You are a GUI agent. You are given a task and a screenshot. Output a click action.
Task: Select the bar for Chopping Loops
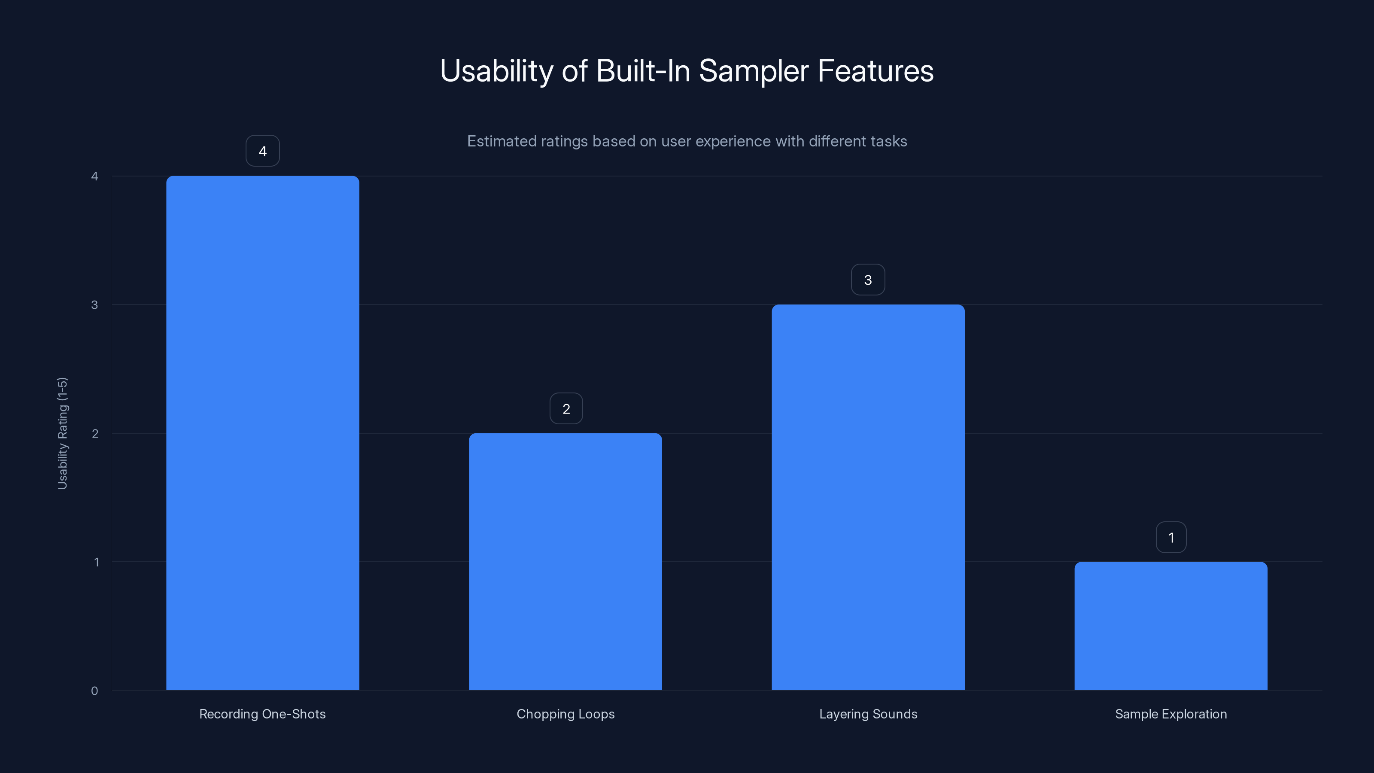click(x=565, y=561)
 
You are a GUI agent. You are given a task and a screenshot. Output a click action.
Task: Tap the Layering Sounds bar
click(x=868, y=497)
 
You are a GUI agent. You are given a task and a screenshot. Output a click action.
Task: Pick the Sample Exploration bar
click(x=1171, y=626)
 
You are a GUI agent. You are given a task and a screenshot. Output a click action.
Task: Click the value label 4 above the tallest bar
click(x=262, y=151)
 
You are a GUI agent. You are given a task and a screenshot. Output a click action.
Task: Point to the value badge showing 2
click(x=566, y=409)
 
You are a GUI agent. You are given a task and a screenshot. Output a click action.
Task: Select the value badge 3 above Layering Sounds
click(x=868, y=280)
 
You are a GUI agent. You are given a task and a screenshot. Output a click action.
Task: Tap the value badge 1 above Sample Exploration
click(x=1171, y=538)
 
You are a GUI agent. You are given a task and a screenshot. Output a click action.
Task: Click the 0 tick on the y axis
click(x=94, y=691)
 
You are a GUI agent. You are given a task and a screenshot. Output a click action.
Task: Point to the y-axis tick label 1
click(x=97, y=562)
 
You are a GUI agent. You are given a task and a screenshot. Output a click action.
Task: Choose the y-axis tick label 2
click(x=95, y=433)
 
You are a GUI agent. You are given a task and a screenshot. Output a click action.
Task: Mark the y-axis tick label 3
click(x=94, y=304)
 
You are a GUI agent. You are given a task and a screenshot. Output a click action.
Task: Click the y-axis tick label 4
click(x=94, y=176)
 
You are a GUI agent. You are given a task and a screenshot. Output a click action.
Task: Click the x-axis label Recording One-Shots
click(x=262, y=714)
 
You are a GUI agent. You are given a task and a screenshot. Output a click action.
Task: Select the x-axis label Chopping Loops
click(x=565, y=714)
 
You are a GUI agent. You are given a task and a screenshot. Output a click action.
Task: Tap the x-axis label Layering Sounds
click(x=868, y=714)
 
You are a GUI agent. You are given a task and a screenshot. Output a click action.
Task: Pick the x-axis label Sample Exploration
click(x=1171, y=714)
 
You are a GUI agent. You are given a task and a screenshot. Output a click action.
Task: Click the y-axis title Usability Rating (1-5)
click(x=62, y=433)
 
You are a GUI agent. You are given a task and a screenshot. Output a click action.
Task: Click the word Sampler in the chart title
click(x=754, y=71)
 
